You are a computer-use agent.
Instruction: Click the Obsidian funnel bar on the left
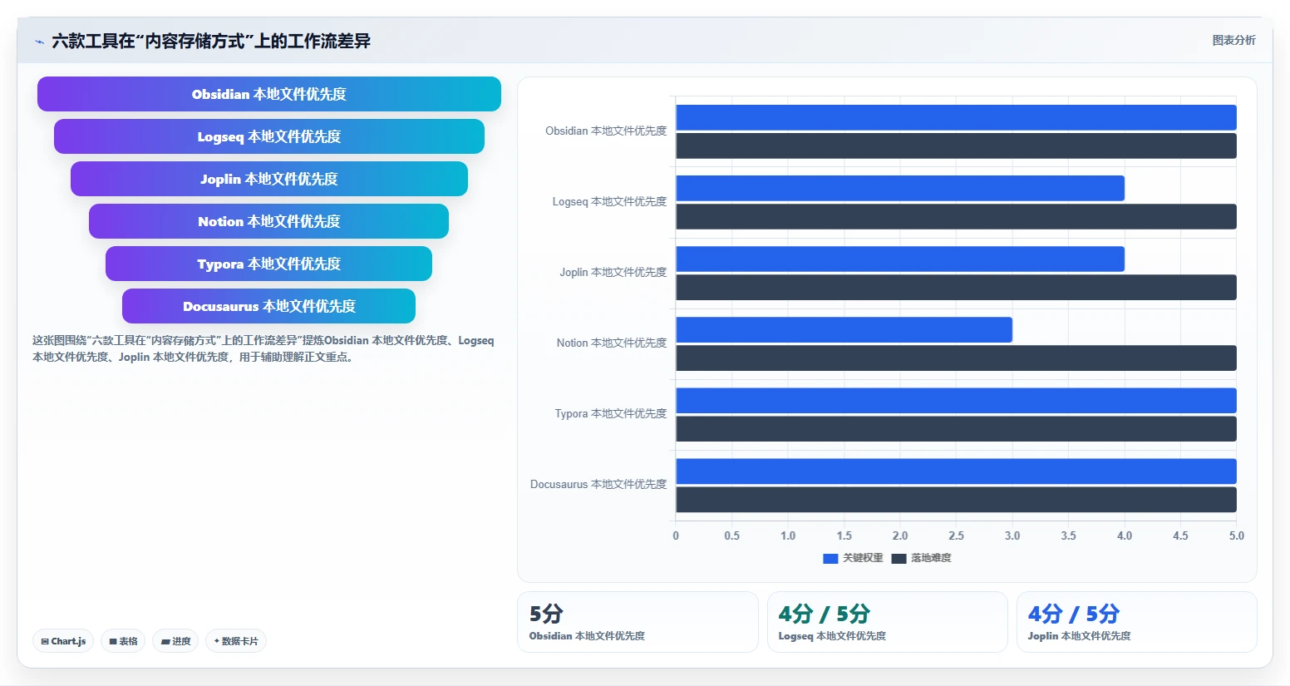click(269, 94)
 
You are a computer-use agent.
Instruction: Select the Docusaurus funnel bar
click(268, 306)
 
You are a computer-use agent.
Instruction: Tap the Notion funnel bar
click(268, 221)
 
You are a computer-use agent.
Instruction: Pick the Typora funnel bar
click(268, 264)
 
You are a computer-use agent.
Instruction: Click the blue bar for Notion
click(844, 329)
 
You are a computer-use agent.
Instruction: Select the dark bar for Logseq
click(956, 216)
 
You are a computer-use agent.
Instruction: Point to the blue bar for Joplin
click(900, 259)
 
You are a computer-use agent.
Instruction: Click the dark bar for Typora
click(956, 429)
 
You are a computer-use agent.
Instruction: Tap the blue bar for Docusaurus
click(956, 471)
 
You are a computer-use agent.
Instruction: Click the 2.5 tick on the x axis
click(956, 535)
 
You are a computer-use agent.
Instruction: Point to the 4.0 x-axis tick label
click(1124, 535)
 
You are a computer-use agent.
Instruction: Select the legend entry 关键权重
click(853, 558)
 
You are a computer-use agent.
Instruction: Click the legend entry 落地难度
click(922, 558)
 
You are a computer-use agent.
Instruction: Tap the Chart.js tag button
click(63, 641)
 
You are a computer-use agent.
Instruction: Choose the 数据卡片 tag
click(235, 641)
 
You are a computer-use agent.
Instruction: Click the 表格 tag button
click(123, 641)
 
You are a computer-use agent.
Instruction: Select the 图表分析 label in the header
click(1233, 40)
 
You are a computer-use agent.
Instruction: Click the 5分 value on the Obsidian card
click(546, 614)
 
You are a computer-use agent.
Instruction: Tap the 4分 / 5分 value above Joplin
click(1073, 614)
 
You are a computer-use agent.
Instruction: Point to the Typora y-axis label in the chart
click(610, 413)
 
